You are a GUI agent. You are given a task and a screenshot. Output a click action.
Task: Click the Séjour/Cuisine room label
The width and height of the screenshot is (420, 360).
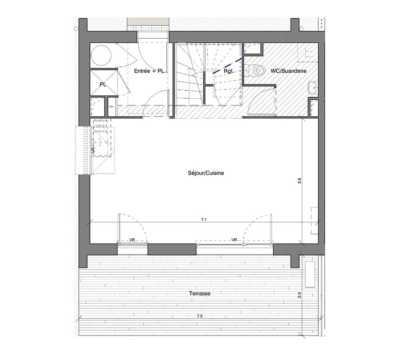click(x=206, y=173)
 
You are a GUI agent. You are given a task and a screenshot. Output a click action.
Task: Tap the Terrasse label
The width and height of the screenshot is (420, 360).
click(x=199, y=293)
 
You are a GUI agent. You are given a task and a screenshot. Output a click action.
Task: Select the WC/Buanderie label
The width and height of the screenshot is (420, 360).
click(x=289, y=71)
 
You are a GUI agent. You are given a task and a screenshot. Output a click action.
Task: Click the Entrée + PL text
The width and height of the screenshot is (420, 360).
click(x=149, y=71)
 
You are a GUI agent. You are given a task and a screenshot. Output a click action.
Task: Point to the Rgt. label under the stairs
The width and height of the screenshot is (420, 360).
click(x=228, y=71)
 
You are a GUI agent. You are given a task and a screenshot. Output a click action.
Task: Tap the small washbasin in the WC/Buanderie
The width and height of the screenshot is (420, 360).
click(x=312, y=87)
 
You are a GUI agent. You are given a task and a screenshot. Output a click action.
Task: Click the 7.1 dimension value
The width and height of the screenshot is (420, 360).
click(x=204, y=219)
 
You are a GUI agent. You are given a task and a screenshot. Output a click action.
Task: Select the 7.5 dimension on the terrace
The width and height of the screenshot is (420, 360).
click(x=199, y=316)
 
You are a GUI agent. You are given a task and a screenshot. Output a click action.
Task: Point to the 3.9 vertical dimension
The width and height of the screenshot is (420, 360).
click(x=299, y=181)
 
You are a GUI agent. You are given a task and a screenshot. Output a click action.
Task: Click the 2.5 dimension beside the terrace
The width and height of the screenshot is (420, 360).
click(x=299, y=295)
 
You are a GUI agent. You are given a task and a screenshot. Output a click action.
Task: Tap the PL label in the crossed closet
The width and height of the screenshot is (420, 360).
click(x=103, y=84)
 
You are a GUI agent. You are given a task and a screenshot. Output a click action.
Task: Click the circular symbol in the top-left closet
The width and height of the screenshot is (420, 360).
click(x=101, y=55)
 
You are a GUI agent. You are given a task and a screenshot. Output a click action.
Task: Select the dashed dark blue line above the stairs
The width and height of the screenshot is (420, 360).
click(x=228, y=65)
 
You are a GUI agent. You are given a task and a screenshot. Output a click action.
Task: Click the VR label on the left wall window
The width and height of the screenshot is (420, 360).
click(x=93, y=150)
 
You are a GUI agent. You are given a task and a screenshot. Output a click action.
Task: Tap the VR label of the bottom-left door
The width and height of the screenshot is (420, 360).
click(x=132, y=240)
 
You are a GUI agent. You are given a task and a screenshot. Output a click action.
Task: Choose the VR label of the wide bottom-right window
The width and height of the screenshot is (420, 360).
click(x=234, y=240)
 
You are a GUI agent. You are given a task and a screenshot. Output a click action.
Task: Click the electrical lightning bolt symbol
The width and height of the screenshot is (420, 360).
click(x=112, y=107)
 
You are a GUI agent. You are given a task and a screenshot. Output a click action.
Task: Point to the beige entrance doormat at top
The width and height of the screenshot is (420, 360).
click(x=148, y=24)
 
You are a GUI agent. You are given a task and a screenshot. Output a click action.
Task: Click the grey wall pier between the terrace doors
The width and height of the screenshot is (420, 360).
click(x=172, y=250)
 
